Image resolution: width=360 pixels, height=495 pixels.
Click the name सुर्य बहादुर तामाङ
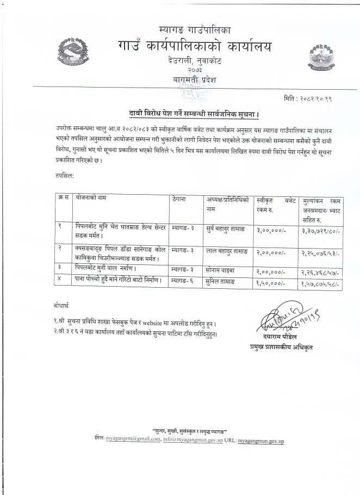click(226, 231)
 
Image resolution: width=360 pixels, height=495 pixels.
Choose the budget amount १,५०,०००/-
click(270, 283)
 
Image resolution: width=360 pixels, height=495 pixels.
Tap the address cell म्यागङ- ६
click(183, 282)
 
